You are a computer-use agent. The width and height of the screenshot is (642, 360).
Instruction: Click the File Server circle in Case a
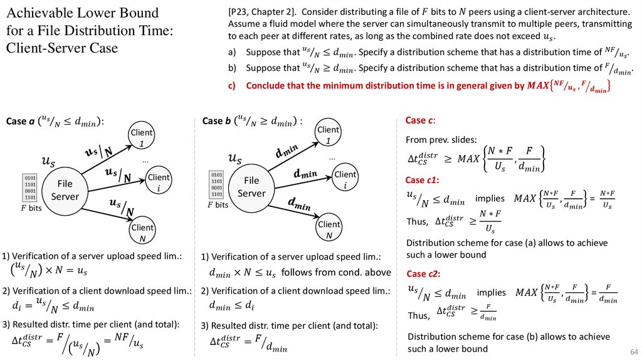point(65,190)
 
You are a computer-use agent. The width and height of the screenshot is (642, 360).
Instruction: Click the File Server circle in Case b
point(251,187)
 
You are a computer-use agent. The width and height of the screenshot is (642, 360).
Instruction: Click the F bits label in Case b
point(218,204)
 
